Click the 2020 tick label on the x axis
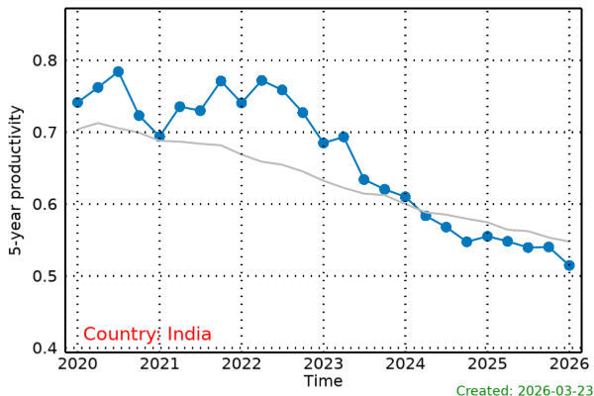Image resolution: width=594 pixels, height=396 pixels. (77, 362)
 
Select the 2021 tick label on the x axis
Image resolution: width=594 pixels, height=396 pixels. (159, 362)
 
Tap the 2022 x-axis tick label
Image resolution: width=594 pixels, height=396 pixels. (242, 362)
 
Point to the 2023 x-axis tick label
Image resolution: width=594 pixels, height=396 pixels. (323, 362)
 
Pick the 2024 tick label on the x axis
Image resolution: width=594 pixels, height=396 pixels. (405, 362)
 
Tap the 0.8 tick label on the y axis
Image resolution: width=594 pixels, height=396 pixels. (47, 60)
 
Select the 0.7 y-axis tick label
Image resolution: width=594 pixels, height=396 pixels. (47, 133)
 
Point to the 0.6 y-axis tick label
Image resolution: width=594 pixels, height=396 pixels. (47, 204)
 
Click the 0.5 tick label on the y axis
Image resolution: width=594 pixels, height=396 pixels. (47, 276)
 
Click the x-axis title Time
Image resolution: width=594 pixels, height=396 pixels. (323, 380)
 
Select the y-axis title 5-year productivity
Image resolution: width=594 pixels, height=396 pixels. (16, 180)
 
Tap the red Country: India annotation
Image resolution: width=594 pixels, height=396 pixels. (147, 334)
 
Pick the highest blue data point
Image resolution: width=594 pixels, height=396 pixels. (119, 71)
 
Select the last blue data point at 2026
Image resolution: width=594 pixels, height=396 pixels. (569, 265)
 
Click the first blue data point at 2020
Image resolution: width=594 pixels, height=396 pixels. (77, 102)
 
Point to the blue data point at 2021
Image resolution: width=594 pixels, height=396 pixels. (159, 136)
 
